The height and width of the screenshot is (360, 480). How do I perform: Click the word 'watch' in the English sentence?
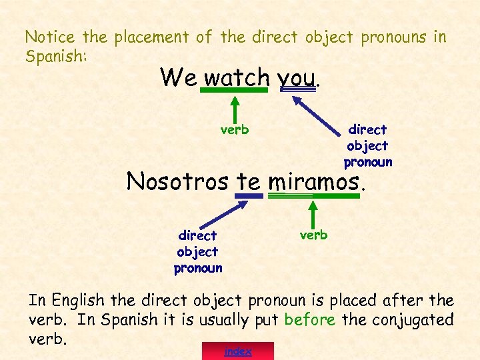click(x=236, y=77)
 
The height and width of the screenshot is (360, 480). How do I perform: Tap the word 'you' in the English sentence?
click(x=296, y=78)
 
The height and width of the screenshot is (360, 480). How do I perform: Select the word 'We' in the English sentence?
click(x=178, y=77)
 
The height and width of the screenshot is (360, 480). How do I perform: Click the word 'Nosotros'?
click(x=178, y=181)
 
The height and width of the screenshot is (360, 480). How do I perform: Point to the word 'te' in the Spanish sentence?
click(x=249, y=181)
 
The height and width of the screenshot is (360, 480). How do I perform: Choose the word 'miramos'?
click(x=313, y=181)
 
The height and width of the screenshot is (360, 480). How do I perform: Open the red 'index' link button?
click(x=238, y=351)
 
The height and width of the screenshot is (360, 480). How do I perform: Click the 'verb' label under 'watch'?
click(x=235, y=129)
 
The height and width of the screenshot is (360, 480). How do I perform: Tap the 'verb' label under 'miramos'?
click(x=313, y=235)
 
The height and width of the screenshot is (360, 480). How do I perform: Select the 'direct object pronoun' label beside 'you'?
click(x=367, y=145)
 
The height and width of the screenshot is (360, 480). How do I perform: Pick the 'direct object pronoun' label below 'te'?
click(x=198, y=251)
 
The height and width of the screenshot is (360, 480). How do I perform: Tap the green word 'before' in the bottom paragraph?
click(x=310, y=319)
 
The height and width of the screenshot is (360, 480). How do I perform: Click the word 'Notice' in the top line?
click(x=50, y=37)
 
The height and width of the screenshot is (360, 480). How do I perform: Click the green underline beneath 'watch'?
click(x=235, y=90)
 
